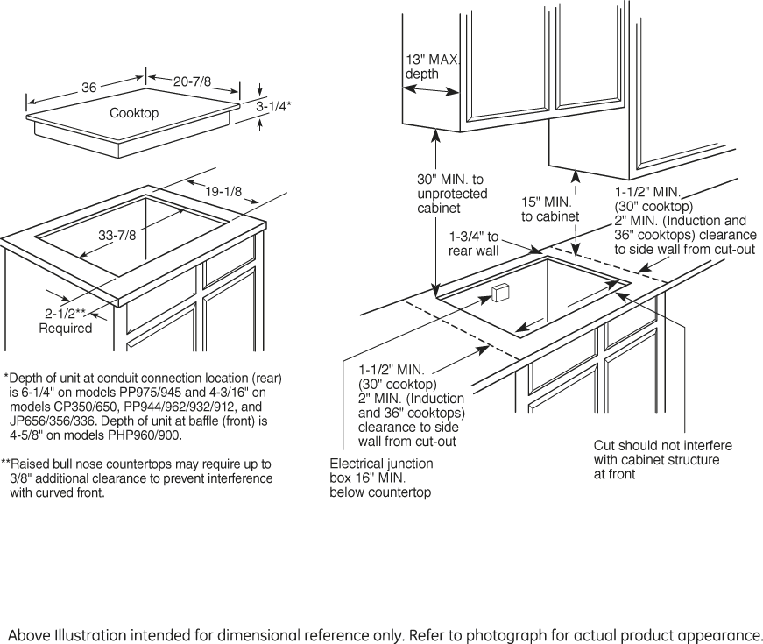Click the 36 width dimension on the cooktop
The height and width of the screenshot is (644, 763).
[88, 88]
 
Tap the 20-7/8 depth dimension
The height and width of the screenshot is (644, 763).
[192, 81]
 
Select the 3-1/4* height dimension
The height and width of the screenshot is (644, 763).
[273, 106]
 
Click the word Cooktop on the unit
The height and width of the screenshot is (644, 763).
[134, 113]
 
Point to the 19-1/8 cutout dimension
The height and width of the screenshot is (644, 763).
[225, 192]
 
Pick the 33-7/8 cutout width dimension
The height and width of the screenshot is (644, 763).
[117, 235]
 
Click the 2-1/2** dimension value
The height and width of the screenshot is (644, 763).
[67, 314]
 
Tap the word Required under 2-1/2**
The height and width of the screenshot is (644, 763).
[66, 329]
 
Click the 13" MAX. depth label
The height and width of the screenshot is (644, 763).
[431, 67]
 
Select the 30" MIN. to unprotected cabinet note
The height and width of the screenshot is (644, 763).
[452, 194]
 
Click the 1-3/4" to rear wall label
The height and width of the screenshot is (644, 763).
[474, 244]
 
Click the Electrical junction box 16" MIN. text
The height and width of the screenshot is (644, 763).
[381, 478]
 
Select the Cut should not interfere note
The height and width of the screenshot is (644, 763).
[662, 459]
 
